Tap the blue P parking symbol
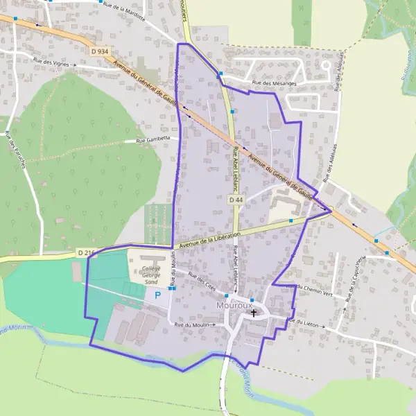pos(157,295)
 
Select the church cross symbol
pos(254,313)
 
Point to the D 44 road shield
pos(236,200)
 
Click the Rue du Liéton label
pos(302,322)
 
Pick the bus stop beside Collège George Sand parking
pos(171,288)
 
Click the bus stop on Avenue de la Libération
pos(291,221)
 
